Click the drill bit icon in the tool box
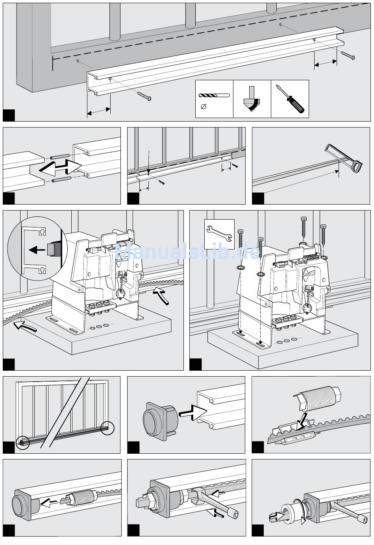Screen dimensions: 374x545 [x=214, y=95]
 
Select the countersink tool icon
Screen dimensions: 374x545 [x=252, y=99]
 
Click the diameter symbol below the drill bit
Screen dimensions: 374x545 [x=204, y=106]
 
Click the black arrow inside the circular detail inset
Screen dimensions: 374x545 [x=37, y=249]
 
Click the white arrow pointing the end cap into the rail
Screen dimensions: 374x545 [x=193, y=413]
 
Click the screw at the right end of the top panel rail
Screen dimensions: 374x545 [x=348, y=55]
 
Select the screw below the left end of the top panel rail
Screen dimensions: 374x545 [x=144, y=96]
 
